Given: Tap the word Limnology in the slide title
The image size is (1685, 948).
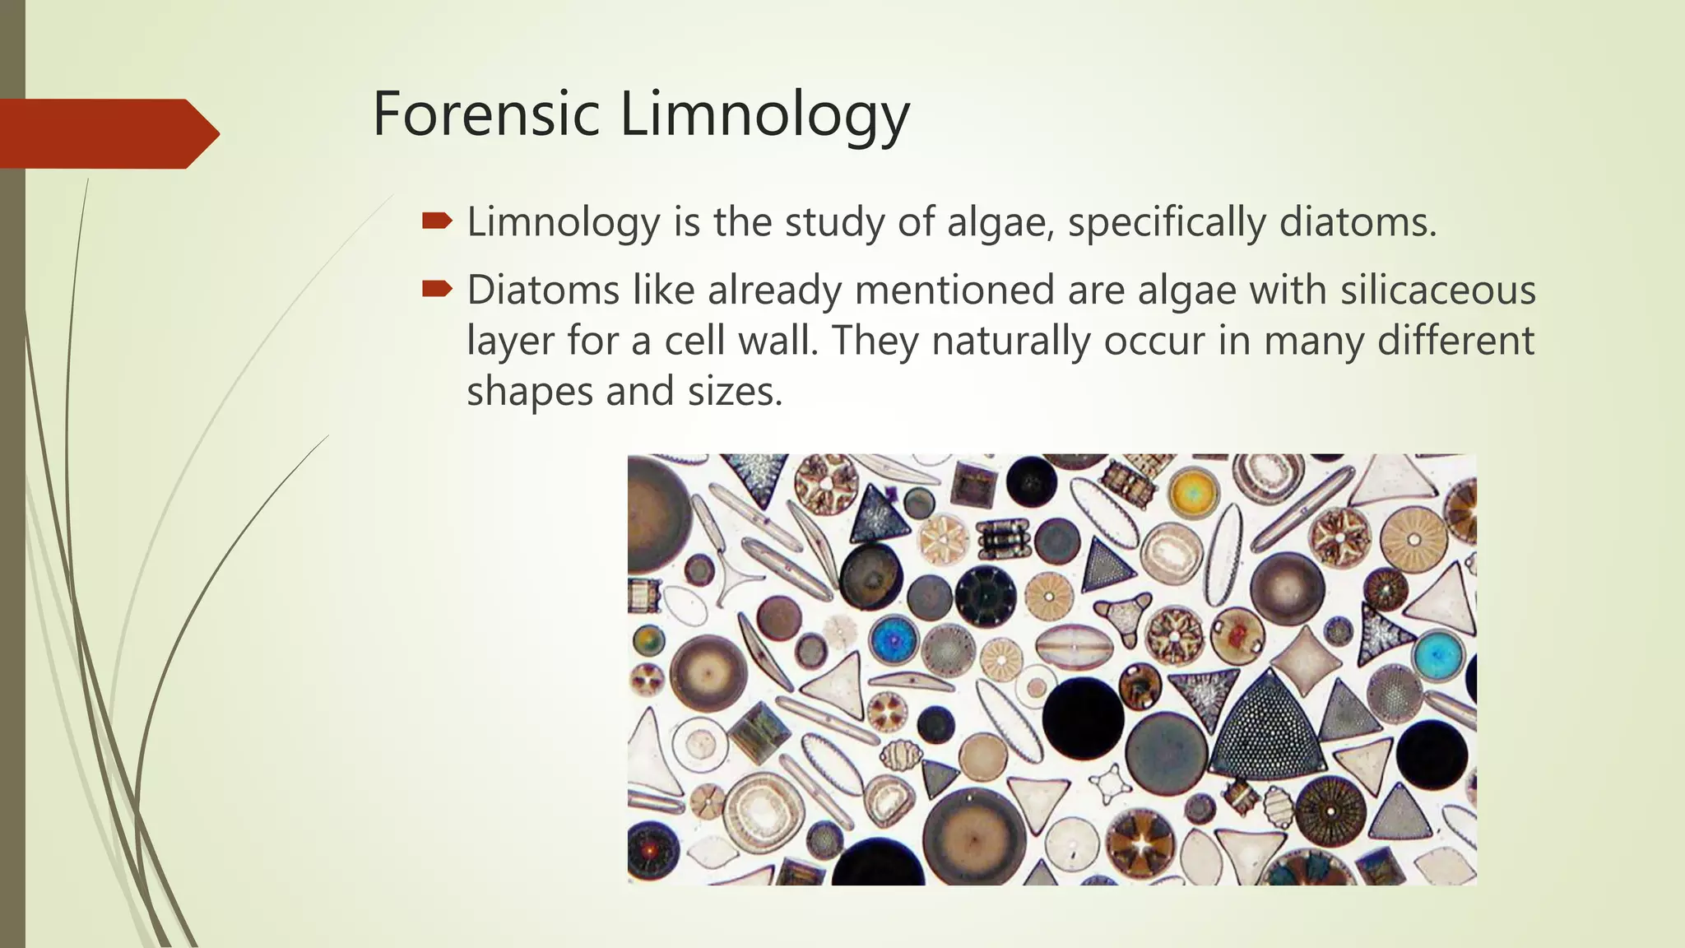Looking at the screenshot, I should pyautogui.click(x=764, y=115).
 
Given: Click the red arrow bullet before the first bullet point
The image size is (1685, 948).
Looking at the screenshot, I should pyautogui.click(x=437, y=221).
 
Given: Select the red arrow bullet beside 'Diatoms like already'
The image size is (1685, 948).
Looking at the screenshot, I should pyautogui.click(x=437, y=289).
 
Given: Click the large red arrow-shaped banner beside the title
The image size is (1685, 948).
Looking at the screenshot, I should pyautogui.click(x=107, y=133).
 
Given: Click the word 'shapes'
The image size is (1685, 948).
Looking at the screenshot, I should pyautogui.click(x=530, y=392).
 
